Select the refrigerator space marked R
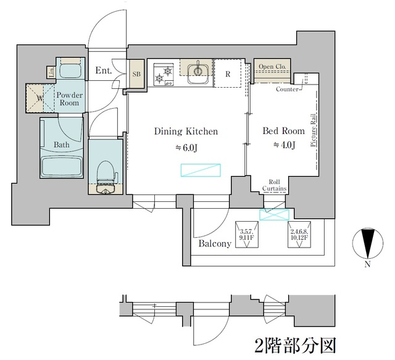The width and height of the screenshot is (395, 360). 228,74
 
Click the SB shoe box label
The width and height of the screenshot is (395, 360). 136,73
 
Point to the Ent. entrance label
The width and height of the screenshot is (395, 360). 103,71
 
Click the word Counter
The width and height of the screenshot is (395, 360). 288,90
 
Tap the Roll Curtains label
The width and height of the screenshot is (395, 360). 274,186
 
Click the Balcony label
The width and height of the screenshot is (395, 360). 215,243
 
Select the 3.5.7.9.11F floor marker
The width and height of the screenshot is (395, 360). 247,233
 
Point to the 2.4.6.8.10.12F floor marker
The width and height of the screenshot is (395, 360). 301,233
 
